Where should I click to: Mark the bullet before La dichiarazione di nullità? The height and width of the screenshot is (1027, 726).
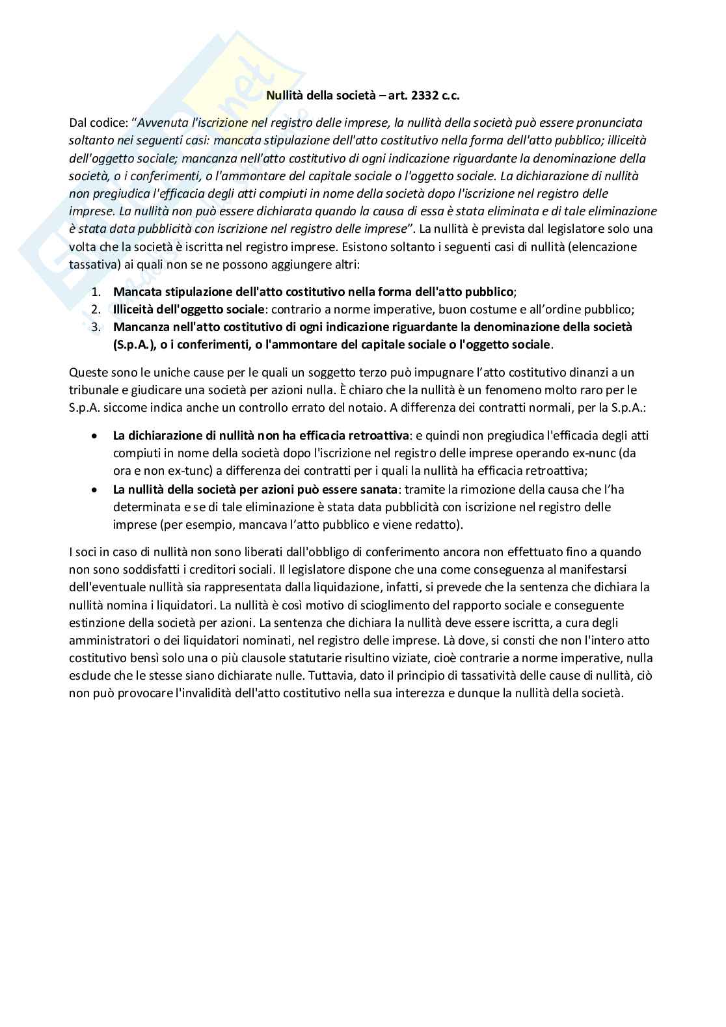(x=96, y=435)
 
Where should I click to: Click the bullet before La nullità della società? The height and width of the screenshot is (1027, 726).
(x=96, y=489)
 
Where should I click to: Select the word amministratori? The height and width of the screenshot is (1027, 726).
(x=107, y=640)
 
